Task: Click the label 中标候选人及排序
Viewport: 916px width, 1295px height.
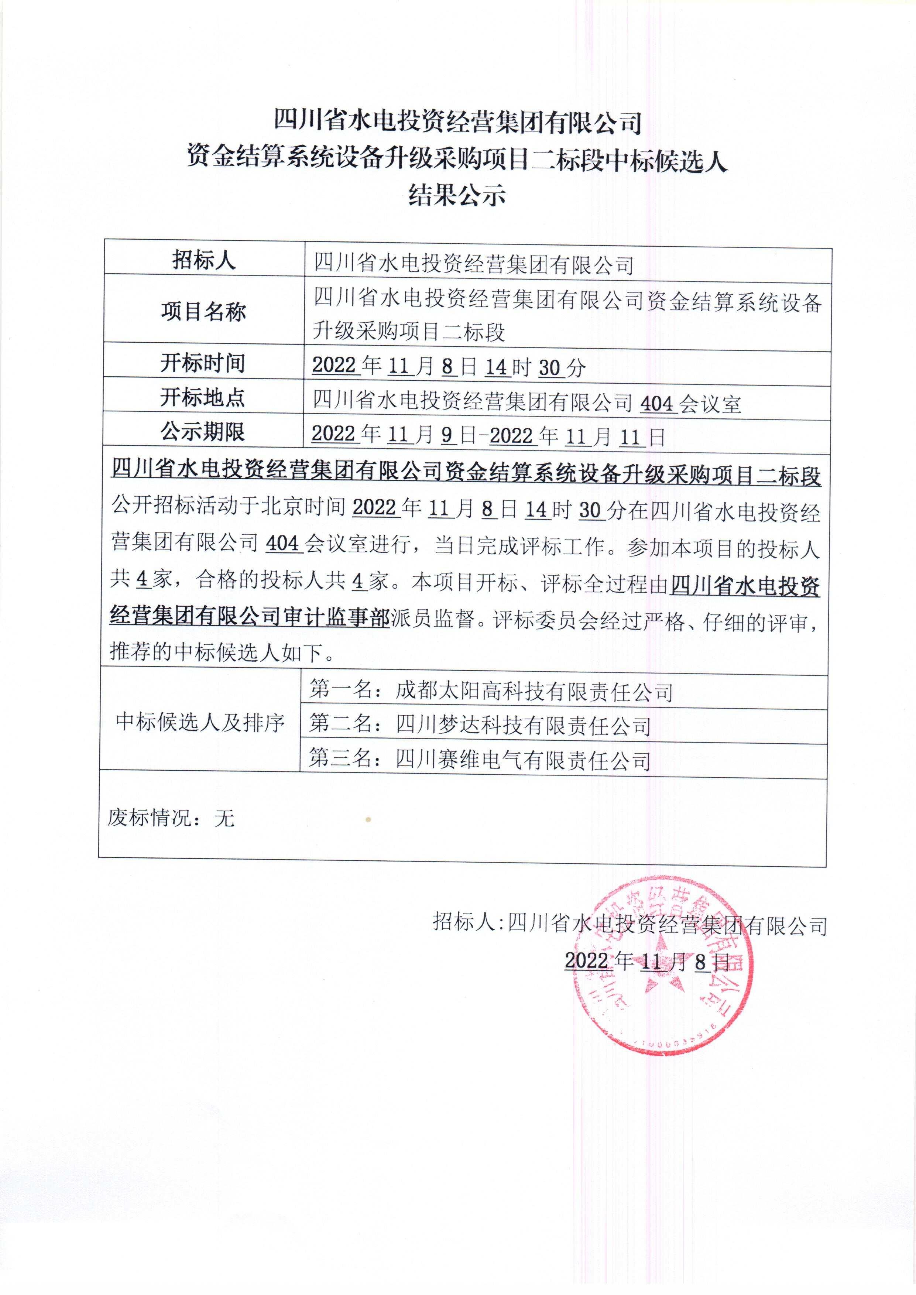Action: tap(200, 723)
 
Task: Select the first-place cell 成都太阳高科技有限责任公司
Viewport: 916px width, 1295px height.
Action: tap(491, 692)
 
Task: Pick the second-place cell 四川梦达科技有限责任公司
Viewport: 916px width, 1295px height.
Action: tap(480, 726)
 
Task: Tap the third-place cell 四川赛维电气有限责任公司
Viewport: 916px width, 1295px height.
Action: tap(480, 760)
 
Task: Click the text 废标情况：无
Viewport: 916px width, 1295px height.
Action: tap(171, 818)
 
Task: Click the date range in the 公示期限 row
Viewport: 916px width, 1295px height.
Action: tap(488, 436)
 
